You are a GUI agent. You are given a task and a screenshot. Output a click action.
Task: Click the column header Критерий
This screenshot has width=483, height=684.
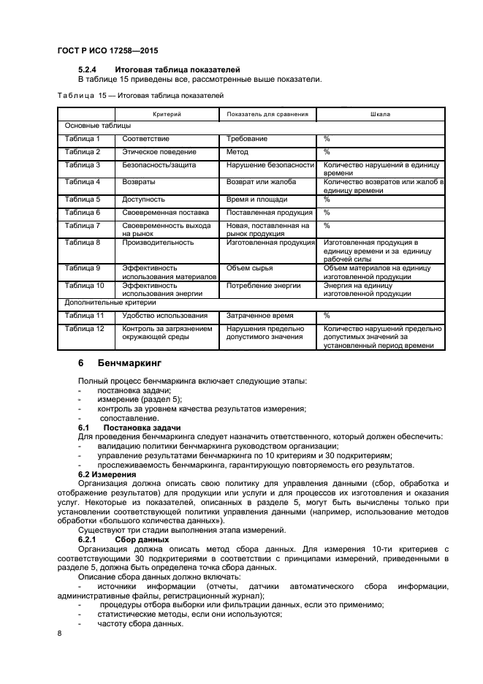[167, 115]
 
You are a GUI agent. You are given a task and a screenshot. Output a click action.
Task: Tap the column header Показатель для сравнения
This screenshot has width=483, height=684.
[267, 115]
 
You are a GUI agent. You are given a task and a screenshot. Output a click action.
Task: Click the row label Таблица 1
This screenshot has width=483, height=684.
[83, 139]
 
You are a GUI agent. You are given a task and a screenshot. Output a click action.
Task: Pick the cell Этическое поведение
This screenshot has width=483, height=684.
[159, 152]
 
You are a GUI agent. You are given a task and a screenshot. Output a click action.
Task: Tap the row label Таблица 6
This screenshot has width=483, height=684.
[83, 212]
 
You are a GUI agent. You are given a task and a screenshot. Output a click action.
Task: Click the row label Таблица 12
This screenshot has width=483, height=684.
[85, 329]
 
